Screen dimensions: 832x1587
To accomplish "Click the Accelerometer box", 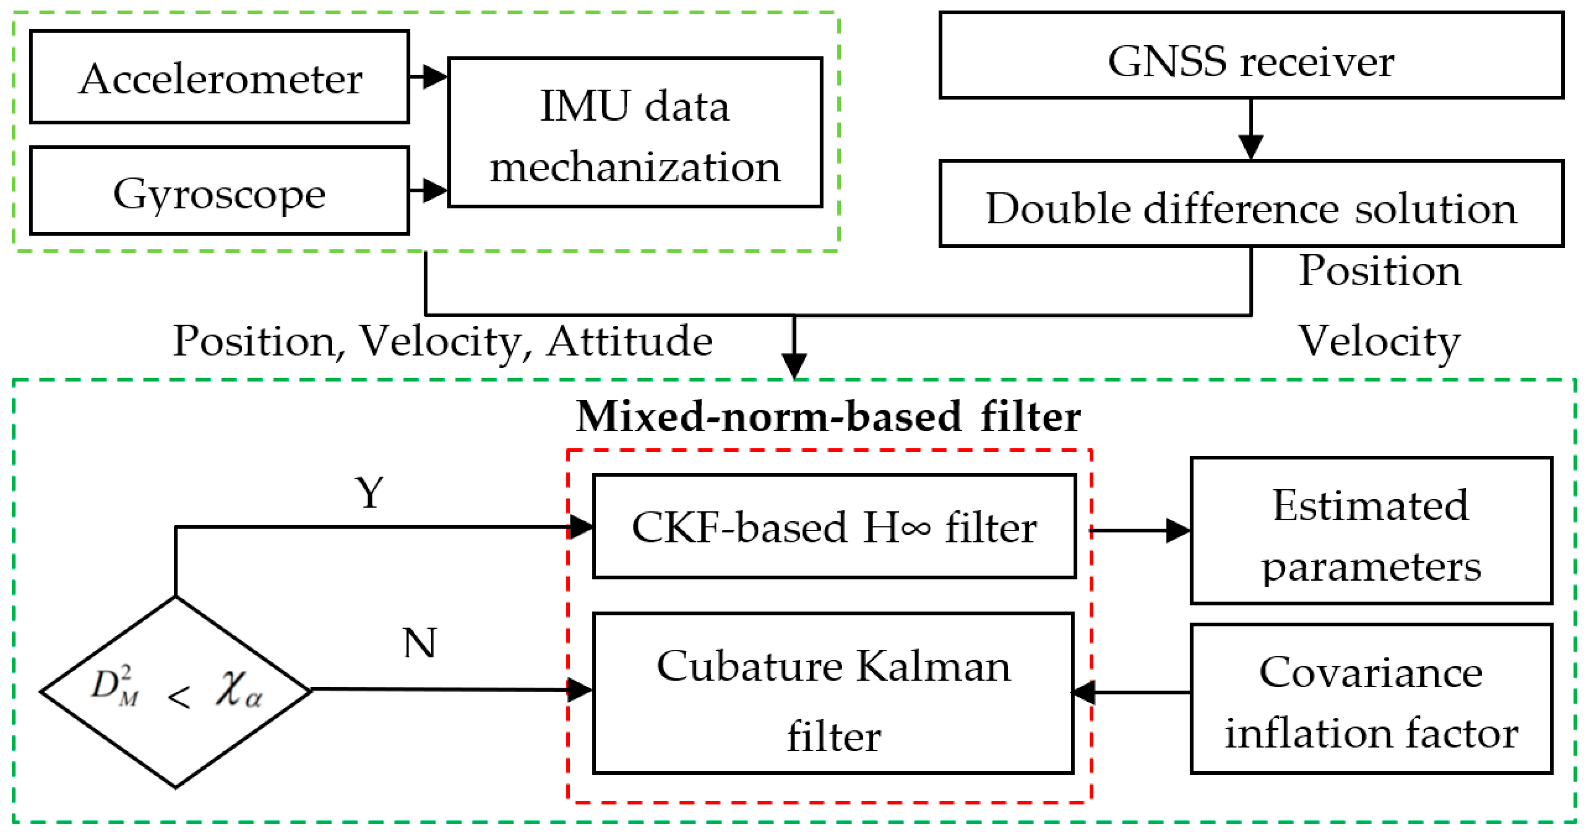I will coord(219,77).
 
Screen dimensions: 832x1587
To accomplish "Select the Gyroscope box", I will coord(219,191).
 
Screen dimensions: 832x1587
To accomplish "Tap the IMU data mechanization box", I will coord(635,132).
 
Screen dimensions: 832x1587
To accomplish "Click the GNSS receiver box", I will coord(1251,56).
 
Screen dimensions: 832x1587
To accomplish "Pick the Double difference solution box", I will coord(1251,204).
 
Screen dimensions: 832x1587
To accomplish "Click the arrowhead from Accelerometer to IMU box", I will coord(434,76).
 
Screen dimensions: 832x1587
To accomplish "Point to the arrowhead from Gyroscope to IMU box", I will coord(434,190).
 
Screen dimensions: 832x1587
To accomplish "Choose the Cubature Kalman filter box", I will coord(833,693).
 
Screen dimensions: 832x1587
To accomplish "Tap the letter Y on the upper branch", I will coord(370,493).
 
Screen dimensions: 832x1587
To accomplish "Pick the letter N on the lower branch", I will coord(420,644).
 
